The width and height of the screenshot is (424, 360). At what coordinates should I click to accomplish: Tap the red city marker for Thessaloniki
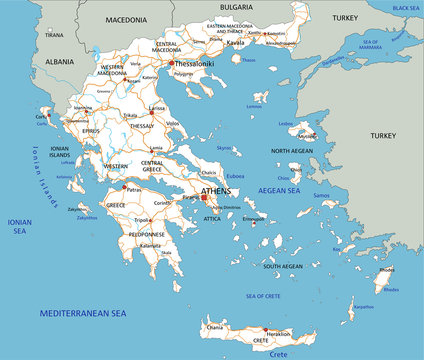tap(171, 63)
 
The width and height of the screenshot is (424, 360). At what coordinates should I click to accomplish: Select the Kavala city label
tap(235, 45)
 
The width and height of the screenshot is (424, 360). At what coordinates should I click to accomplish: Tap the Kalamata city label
tap(150, 245)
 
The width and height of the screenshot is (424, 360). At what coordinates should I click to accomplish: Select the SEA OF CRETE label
tap(262, 296)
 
